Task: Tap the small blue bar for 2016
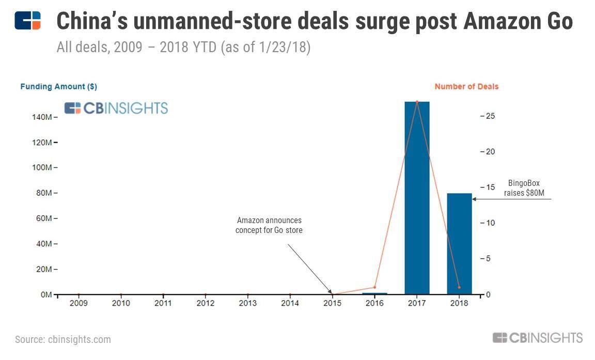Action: tap(374, 293)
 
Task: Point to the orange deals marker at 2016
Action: tap(374, 287)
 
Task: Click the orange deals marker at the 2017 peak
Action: tap(417, 102)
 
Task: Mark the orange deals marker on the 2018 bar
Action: tap(459, 287)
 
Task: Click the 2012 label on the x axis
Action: tap(206, 303)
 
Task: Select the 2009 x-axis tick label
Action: tap(79, 303)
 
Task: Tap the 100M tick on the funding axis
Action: tap(42, 168)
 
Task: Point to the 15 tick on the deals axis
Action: tap(490, 187)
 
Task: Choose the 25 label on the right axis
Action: tap(490, 116)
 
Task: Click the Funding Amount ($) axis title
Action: tap(58, 87)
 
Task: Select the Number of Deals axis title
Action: tap(466, 87)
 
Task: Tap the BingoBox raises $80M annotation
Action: tap(524, 189)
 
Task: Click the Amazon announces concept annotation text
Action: tap(269, 225)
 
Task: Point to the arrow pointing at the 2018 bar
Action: tap(511, 199)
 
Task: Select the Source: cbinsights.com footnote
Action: tap(62, 339)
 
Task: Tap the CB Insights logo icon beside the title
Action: tap(27, 21)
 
